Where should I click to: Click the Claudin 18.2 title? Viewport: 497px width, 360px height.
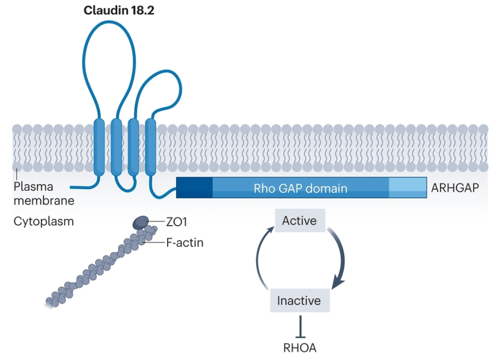[x=120, y=11]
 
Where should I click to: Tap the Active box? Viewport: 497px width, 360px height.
[x=299, y=221]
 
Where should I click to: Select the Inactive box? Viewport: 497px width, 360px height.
[x=299, y=301]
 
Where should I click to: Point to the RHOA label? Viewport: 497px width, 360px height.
[x=300, y=349]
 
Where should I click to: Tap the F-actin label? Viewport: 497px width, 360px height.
[x=185, y=242]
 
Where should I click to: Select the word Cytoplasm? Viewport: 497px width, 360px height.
[x=42, y=221]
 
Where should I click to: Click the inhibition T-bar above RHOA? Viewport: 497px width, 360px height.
[x=300, y=326]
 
